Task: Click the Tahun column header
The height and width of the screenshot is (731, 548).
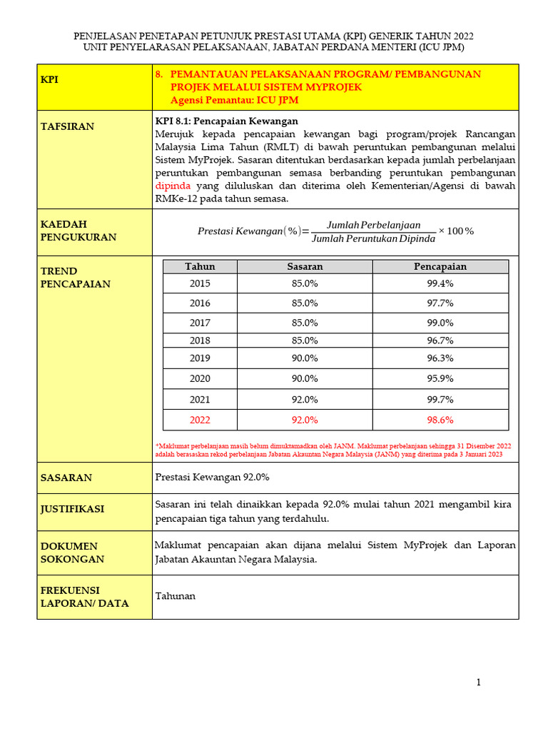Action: (200, 266)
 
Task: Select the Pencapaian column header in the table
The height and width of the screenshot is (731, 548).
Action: (440, 266)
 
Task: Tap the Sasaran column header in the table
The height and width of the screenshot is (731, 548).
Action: (305, 266)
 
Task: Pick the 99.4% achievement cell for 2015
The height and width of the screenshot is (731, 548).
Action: (440, 283)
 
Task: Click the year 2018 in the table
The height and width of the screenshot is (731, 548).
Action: (200, 341)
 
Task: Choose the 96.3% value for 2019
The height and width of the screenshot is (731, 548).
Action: (440, 358)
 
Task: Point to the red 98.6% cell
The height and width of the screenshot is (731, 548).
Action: (440, 420)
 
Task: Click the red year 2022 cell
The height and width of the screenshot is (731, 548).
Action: (200, 420)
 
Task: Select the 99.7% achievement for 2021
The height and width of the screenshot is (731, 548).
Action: (440, 400)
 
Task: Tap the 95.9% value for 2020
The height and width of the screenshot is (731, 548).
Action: (440, 378)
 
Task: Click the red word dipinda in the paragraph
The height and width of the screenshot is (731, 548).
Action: (173, 186)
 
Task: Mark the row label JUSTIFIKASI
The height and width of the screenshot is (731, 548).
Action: (72, 509)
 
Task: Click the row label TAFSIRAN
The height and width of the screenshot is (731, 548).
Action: (67, 126)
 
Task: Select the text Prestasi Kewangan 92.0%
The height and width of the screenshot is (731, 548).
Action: (212, 477)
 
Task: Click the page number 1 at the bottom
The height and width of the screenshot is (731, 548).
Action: (479, 682)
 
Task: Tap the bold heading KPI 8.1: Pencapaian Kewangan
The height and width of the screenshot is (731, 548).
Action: (226, 121)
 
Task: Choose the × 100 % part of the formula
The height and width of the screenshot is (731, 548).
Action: (456, 231)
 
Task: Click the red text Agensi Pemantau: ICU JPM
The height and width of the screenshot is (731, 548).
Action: (234, 100)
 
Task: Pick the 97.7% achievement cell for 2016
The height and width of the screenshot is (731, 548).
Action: (440, 303)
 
